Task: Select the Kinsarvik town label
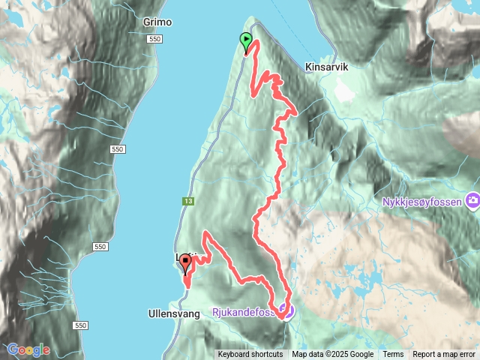[x=327, y=67]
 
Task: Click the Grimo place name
[x=157, y=22]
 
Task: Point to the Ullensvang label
[x=175, y=314]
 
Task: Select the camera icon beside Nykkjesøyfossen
[x=472, y=200]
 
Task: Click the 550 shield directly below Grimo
[x=155, y=39]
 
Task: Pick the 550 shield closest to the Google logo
[x=81, y=325]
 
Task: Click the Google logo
[x=28, y=350]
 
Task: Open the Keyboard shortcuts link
[x=250, y=355]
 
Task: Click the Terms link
[x=393, y=355]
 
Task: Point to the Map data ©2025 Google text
[x=333, y=355]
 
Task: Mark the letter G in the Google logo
[x=13, y=350]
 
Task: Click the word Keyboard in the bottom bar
[x=235, y=355]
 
